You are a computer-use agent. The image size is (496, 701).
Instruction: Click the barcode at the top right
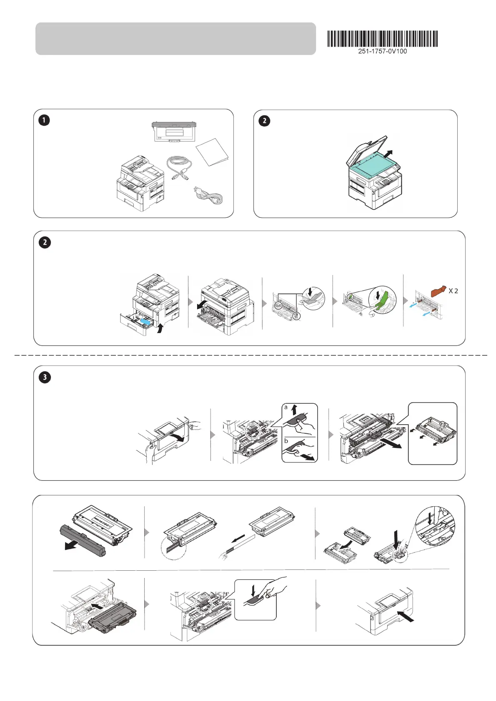pyautogui.click(x=382, y=39)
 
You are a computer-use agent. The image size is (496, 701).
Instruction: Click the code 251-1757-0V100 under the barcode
pyautogui.click(x=382, y=51)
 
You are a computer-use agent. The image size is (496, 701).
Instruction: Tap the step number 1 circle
pyautogui.click(x=44, y=120)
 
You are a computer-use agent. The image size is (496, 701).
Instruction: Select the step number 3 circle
pyautogui.click(x=45, y=378)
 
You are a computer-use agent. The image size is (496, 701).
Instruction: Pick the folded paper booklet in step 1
pyautogui.click(x=212, y=152)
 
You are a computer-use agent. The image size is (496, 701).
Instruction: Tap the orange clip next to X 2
pyautogui.click(x=438, y=291)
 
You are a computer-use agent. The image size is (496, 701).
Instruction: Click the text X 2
pyautogui.click(x=453, y=291)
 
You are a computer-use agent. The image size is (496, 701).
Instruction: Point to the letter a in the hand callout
pyautogui.click(x=286, y=408)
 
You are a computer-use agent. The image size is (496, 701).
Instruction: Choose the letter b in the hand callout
pyautogui.click(x=286, y=440)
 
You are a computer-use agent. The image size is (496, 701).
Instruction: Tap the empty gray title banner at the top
pyautogui.click(x=175, y=39)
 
